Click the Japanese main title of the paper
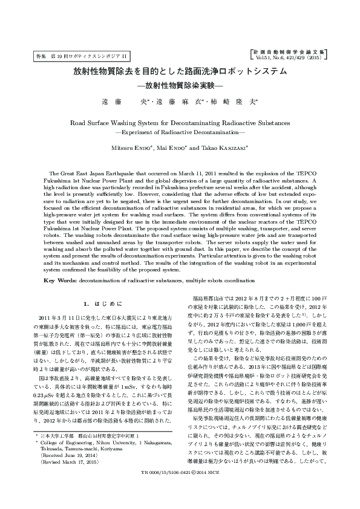[x=180, y=71]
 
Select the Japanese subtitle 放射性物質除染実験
[x=180, y=85]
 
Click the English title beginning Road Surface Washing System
[x=180, y=122]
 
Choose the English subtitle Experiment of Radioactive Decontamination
[x=180, y=131]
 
